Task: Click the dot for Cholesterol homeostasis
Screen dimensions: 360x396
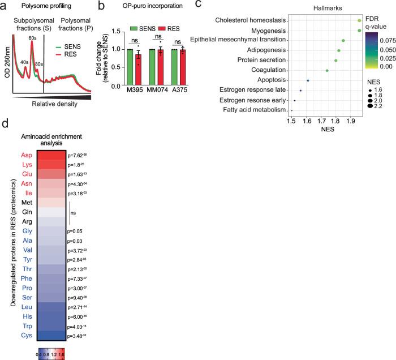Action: tap(360, 20)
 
